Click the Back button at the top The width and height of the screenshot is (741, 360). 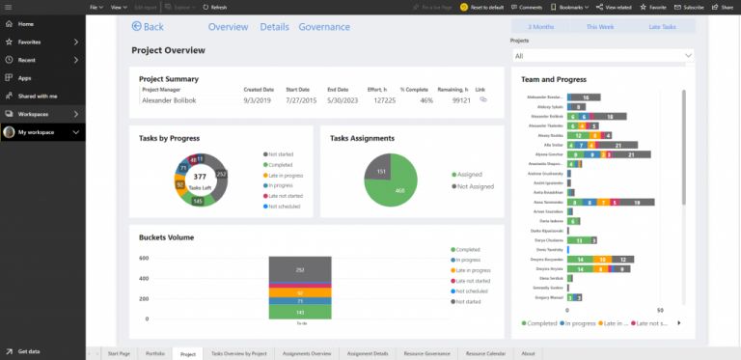[148, 27]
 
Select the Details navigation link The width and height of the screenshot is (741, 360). [274, 27]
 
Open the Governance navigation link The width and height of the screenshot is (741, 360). [324, 27]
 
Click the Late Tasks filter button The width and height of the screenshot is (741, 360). [662, 27]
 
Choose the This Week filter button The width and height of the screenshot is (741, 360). [599, 27]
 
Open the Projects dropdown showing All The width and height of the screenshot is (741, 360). [602, 56]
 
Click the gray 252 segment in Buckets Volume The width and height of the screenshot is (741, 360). [300, 269]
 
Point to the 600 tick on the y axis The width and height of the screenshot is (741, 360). [144, 259]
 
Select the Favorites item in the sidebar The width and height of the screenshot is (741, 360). [29, 42]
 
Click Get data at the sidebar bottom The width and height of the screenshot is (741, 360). [29, 351]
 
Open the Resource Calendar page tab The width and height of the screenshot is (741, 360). [486, 354]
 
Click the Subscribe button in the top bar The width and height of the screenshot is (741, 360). [691, 7]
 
